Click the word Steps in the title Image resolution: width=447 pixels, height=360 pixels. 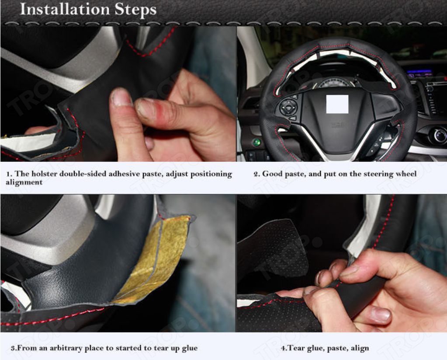click(x=136, y=10)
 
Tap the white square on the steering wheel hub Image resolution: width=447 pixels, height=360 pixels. click(x=337, y=104)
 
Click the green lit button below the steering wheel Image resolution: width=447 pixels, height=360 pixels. click(x=257, y=142)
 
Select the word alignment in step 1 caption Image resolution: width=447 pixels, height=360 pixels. click(x=24, y=182)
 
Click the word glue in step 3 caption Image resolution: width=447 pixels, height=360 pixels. click(x=190, y=349)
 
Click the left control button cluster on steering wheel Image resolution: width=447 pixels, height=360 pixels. click(x=288, y=107)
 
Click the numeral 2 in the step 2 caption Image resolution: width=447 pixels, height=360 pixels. click(x=256, y=174)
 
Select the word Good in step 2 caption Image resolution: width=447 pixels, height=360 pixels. click(x=272, y=174)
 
